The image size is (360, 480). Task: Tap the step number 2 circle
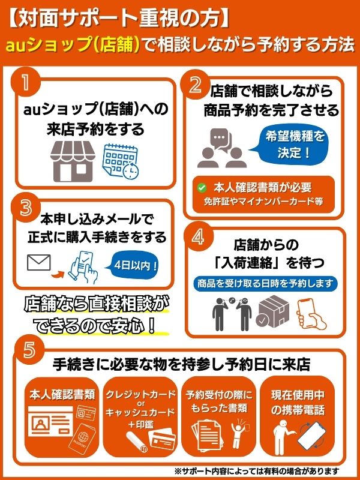click(194, 85)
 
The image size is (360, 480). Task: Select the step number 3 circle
click(25, 208)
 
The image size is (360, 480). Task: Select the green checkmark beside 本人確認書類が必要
click(202, 187)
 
